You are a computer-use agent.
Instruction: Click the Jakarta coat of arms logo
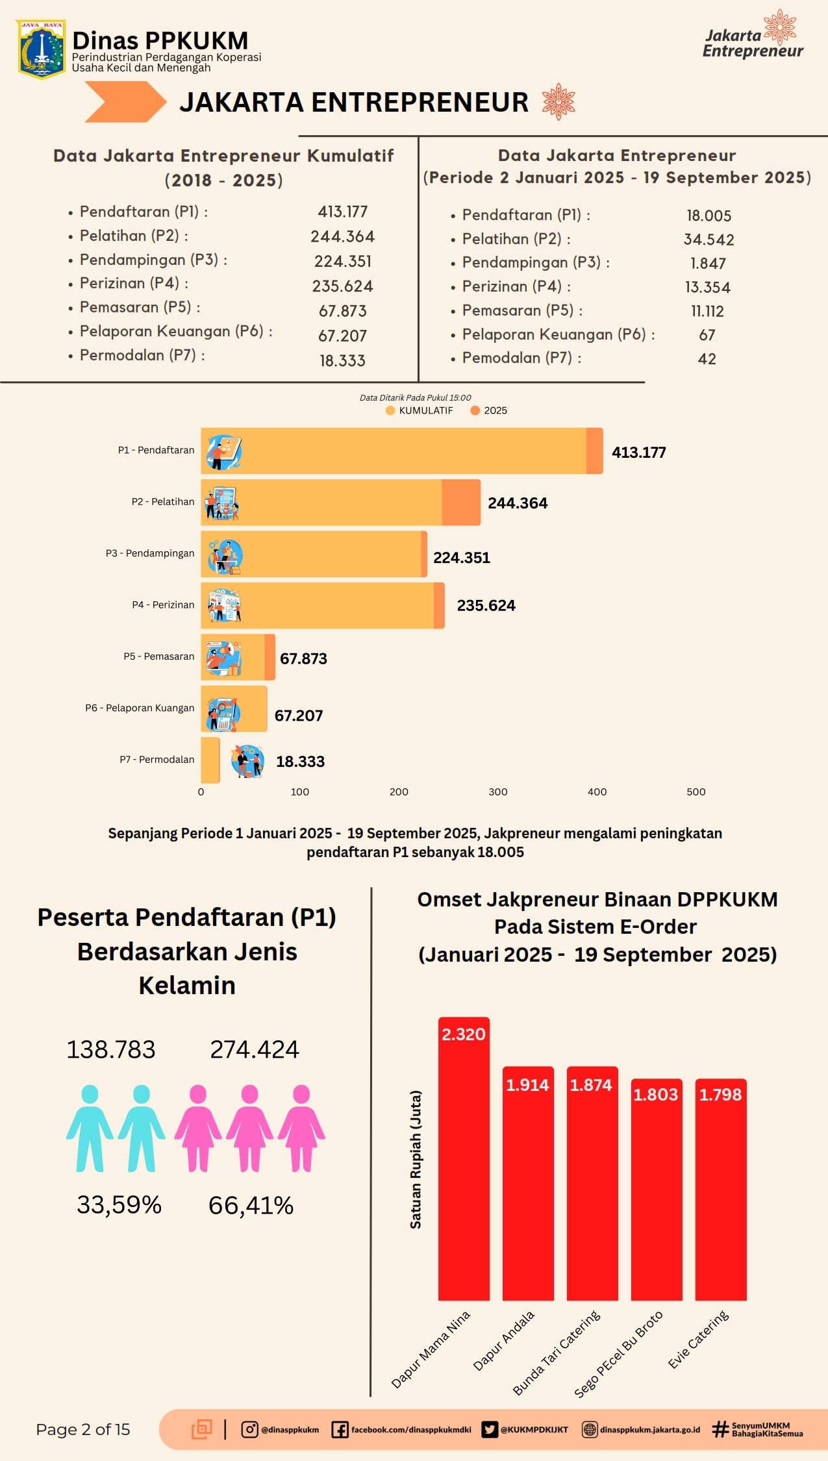(41, 49)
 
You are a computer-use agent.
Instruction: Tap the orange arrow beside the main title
(125, 102)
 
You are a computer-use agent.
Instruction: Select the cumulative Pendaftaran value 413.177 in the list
(342, 212)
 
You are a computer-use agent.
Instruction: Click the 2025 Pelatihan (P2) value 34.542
(709, 240)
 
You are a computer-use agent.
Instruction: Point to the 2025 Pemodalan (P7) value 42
(707, 359)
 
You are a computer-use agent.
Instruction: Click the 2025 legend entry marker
(475, 410)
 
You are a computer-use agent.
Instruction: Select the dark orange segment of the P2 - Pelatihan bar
(461, 503)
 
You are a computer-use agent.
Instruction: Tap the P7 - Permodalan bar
(210, 760)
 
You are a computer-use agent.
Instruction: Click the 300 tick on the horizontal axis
(498, 792)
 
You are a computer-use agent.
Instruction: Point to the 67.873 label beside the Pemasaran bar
(303, 658)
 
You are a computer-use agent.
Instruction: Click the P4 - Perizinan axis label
(163, 605)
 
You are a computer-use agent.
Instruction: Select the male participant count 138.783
(111, 1049)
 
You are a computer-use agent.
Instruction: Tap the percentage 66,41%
(251, 1205)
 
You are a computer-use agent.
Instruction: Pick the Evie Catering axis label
(699, 1339)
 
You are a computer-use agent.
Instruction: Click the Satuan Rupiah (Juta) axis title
(416, 1159)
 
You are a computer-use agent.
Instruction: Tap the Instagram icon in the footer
(249, 1429)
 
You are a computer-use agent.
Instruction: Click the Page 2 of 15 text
(83, 1429)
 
